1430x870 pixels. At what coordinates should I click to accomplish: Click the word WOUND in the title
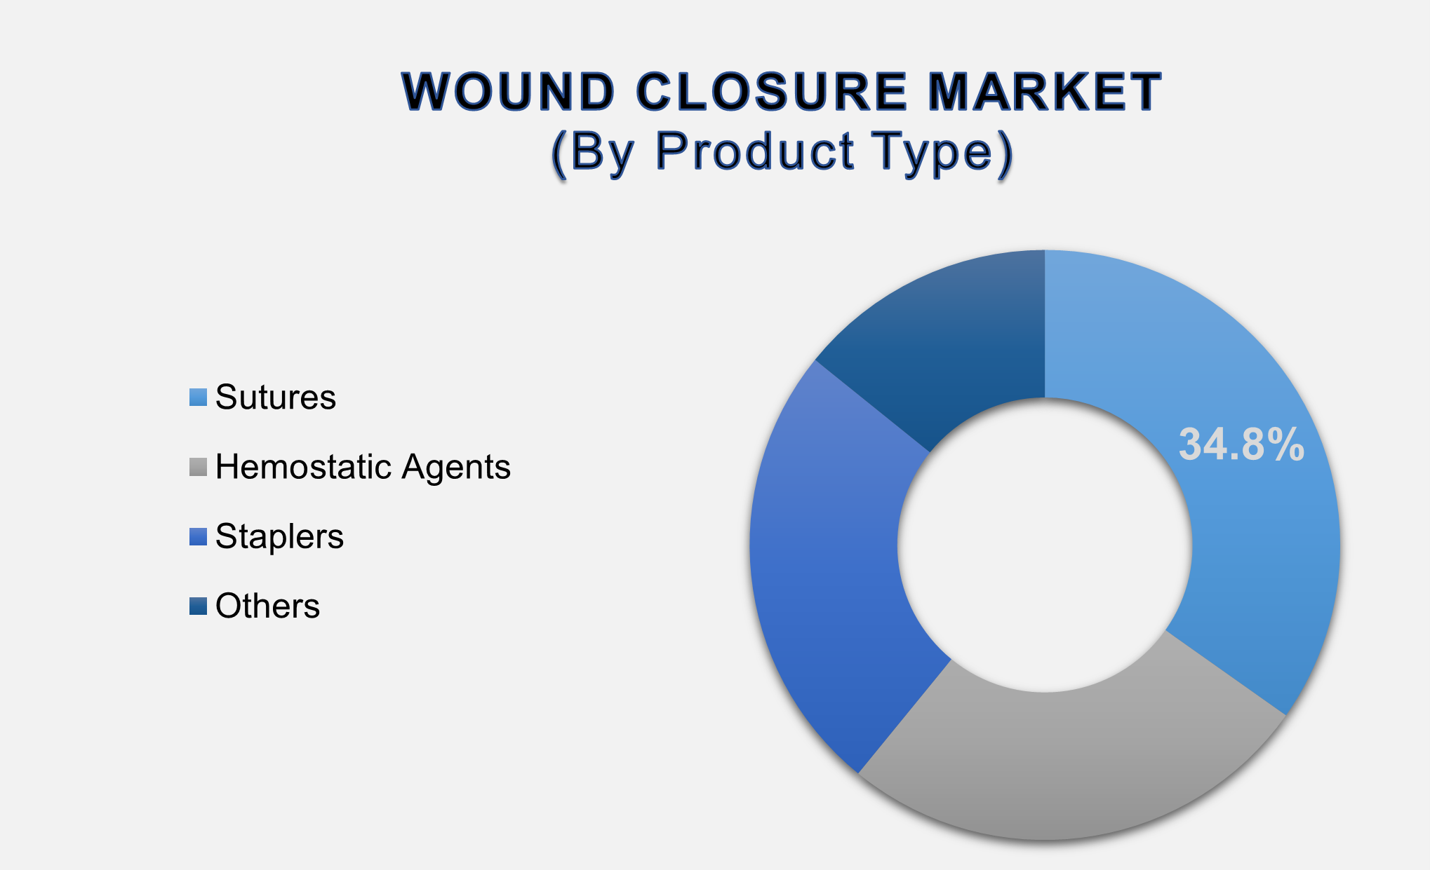tap(509, 92)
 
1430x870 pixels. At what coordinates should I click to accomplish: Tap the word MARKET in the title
tap(1045, 92)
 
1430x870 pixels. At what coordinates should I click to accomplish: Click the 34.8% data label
tap(1241, 444)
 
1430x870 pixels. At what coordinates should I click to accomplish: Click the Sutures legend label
tap(276, 397)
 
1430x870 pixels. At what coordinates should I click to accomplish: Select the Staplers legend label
tap(279, 536)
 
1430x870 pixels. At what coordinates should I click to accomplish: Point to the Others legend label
tap(267, 606)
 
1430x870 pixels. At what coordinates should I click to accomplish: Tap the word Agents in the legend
tap(456, 468)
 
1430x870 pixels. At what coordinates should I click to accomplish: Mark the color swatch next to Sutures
tap(199, 397)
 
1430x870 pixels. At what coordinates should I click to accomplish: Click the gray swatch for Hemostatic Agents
tap(199, 468)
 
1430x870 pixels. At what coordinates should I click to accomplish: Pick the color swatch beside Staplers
tap(199, 537)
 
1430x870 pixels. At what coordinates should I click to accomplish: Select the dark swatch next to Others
tap(199, 606)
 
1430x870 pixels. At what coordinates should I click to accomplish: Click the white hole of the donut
tap(1045, 545)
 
